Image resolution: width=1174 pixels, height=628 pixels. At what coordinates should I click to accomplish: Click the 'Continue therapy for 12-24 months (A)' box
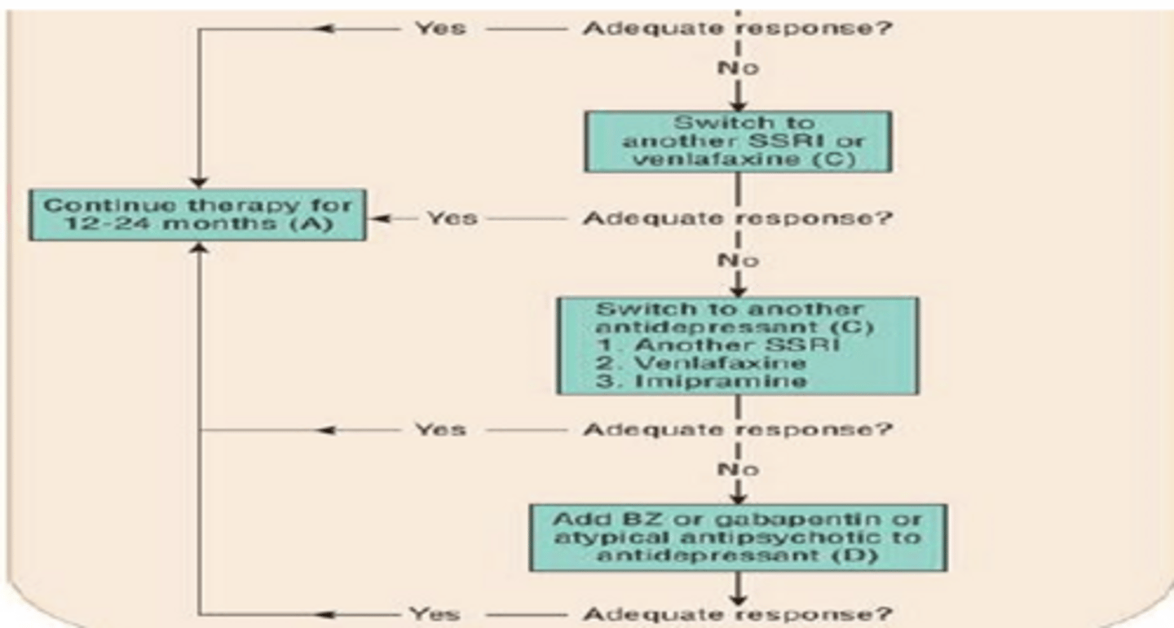[196, 215]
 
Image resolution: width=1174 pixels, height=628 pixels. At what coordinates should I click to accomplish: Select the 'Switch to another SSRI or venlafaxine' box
[738, 142]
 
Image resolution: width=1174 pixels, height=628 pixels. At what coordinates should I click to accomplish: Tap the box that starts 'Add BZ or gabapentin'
[738, 537]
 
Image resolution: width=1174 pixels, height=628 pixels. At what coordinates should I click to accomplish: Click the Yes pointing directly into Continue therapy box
[452, 218]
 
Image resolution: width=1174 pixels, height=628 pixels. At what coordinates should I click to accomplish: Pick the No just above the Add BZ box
[738, 470]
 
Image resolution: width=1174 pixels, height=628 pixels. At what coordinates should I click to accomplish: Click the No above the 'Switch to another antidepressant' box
[738, 261]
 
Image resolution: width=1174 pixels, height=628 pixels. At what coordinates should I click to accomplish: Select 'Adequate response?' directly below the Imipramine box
[738, 429]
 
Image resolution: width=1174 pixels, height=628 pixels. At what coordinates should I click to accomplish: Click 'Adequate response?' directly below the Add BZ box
[738, 613]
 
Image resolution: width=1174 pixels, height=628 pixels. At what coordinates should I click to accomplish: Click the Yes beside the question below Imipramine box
[440, 429]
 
